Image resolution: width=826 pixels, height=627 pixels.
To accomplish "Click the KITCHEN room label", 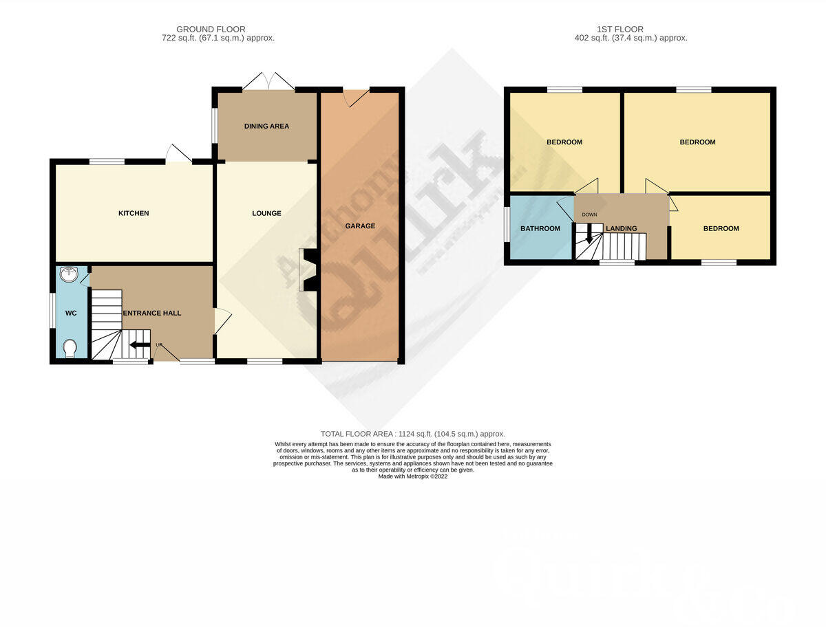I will coord(134,213).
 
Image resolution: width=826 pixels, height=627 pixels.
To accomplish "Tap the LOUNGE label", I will coord(266,213).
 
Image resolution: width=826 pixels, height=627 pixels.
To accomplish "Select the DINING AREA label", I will coord(266,126).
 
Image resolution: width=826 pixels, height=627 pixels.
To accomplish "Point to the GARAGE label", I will coord(360,226).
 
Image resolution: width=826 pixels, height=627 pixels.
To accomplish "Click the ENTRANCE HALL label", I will coord(152,313).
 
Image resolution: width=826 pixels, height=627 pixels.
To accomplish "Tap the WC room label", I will coord(71,313).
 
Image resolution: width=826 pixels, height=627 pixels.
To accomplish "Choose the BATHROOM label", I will coord(540,228).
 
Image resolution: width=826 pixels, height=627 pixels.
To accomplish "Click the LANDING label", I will coord(621,228).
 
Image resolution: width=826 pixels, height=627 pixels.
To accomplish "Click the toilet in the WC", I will coord(69,349).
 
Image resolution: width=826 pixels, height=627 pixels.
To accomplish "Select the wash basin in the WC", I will coord(70,275).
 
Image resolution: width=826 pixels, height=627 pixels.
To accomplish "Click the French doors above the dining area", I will coord(268,81).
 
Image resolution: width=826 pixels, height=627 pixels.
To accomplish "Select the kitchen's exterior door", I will coord(178,154).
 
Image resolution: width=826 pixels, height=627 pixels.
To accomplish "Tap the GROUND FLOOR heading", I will coord(211,29).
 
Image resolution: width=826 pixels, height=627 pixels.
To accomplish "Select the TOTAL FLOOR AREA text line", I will coord(413,434).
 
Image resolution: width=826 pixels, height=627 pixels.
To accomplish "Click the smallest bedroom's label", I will coord(721,228).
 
